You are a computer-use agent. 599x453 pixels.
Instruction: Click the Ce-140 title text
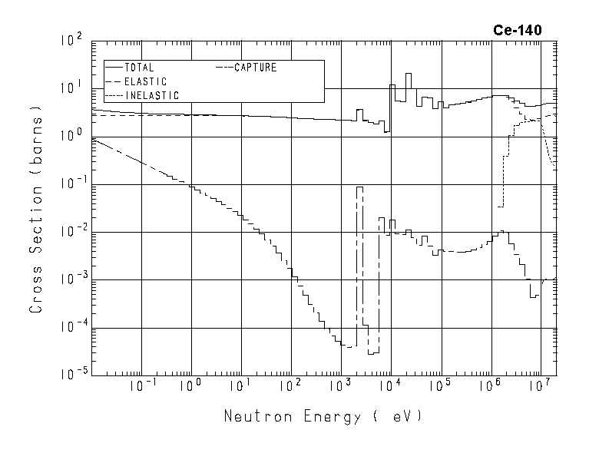[518, 31]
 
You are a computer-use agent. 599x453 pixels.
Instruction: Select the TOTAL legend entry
[141, 68]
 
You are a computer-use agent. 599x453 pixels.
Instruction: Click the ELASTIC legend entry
[145, 81]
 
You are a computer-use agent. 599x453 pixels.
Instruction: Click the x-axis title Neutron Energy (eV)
[323, 417]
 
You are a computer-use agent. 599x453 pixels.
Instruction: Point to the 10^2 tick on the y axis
[71, 41]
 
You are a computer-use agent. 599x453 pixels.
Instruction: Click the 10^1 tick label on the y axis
[71, 88]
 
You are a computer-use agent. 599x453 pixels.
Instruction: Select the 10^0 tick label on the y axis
[71, 136]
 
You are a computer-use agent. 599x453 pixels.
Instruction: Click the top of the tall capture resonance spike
[359, 187]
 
